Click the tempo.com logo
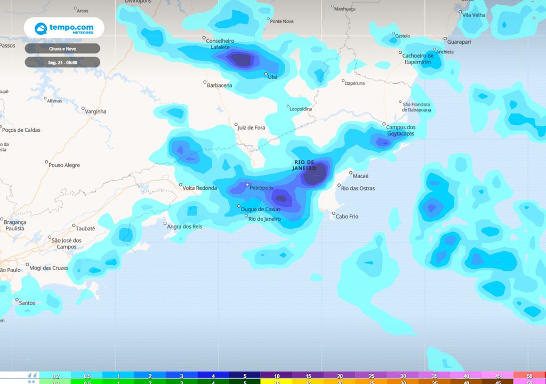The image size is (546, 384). tap(63, 28)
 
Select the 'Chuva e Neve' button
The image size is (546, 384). tap(62, 49)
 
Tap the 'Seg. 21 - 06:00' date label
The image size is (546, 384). tap(62, 62)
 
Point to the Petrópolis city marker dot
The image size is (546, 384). tap(247, 185)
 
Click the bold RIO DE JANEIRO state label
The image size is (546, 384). tap(304, 165)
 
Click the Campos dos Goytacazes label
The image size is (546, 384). tap(400, 130)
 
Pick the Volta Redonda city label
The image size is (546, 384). tap(200, 188)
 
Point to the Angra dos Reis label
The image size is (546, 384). tap(184, 227)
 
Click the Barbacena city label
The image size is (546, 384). tap(220, 85)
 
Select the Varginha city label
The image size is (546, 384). tap(96, 111)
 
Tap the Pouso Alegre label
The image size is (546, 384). tap(64, 165)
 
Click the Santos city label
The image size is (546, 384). tap(28, 303)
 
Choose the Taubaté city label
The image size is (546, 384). tap(85, 228)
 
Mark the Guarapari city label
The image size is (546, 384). tap(460, 41)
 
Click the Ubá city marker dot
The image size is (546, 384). tap(266, 74)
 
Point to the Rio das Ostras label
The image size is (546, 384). tap(358, 188)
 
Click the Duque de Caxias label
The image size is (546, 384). tap(261, 209)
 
